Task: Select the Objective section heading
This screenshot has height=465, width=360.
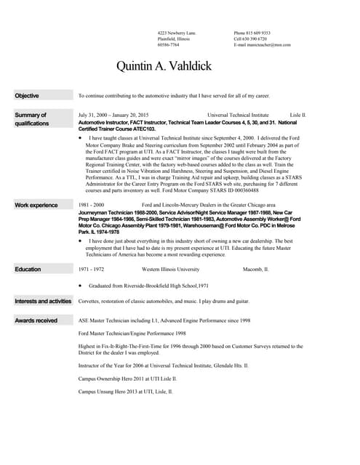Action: [28, 96]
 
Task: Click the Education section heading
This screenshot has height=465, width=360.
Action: [28, 270]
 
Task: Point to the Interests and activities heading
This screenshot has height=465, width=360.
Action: [43, 301]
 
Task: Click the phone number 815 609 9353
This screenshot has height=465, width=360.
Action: [252, 33]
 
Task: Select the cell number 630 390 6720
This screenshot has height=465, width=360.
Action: [252, 39]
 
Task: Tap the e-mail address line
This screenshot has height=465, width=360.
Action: [262, 45]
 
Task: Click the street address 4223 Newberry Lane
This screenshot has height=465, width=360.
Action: [176, 33]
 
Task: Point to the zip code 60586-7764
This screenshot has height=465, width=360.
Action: [169, 45]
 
